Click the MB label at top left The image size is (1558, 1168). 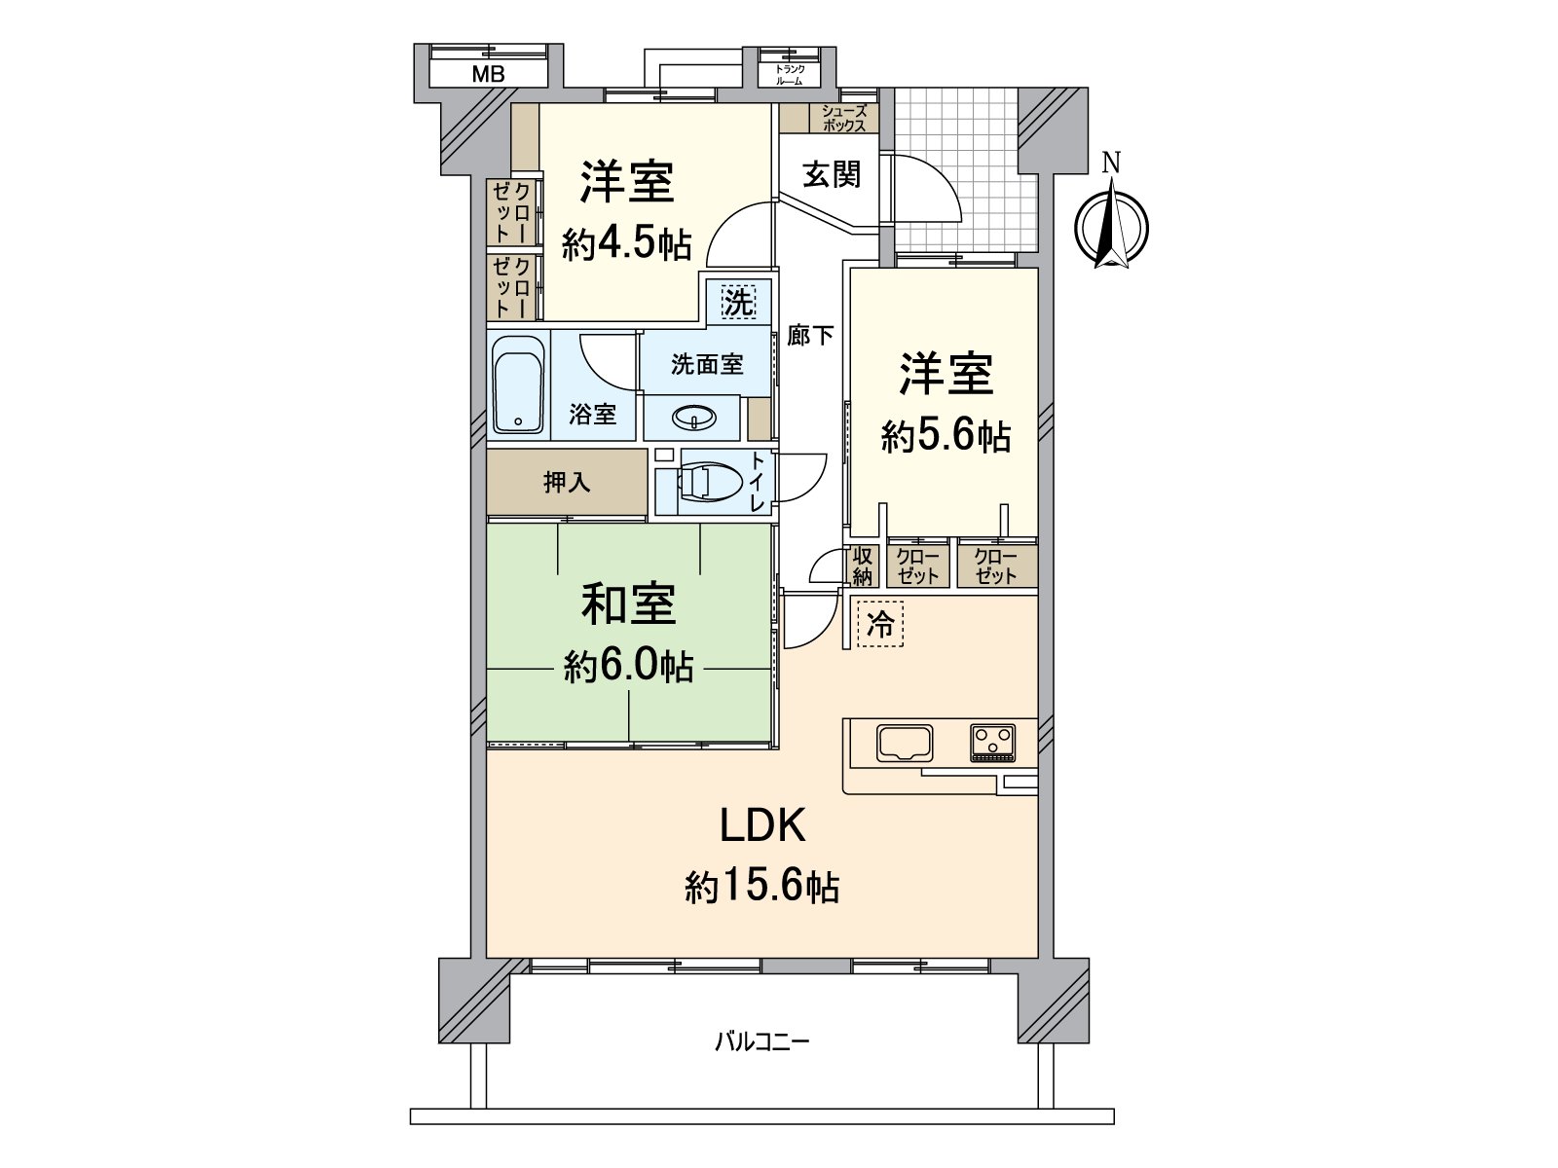(x=488, y=73)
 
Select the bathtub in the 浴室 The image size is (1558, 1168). (x=517, y=385)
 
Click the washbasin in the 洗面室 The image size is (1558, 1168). (x=692, y=419)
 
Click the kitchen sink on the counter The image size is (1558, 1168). (x=905, y=743)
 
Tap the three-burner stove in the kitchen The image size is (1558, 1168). (x=992, y=743)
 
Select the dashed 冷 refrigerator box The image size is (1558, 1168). (x=880, y=624)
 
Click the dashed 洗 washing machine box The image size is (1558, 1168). (x=738, y=302)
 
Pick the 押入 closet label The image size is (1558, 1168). (x=566, y=482)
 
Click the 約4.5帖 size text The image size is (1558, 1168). (x=626, y=245)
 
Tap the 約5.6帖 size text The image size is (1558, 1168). (x=945, y=437)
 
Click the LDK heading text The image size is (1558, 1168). (x=761, y=826)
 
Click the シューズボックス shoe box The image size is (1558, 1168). (x=842, y=119)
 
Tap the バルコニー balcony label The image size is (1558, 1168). (x=761, y=1042)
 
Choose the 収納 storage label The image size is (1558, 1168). (x=862, y=566)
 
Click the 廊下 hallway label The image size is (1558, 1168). (x=810, y=336)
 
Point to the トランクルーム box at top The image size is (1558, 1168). (x=789, y=75)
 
